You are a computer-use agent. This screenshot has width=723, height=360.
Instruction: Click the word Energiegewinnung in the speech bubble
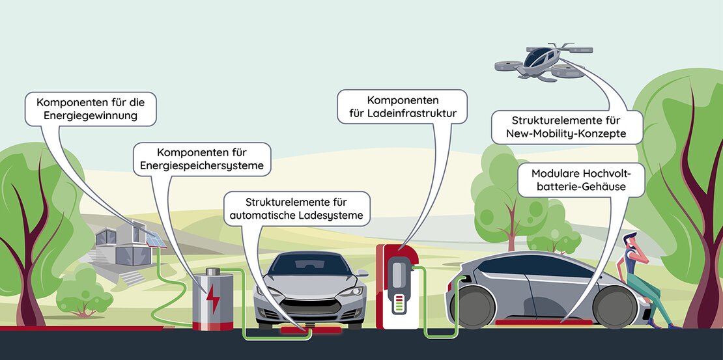point(91,115)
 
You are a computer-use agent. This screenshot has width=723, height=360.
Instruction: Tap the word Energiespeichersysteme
point(202,165)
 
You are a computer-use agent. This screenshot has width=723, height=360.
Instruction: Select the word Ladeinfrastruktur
point(402,113)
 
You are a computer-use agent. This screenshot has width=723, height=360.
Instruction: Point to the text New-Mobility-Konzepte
point(566,133)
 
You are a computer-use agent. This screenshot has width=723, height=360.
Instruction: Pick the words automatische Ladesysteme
point(296,215)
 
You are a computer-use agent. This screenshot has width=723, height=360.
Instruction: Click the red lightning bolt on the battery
point(213,299)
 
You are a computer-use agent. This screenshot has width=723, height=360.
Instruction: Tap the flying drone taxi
point(544,61)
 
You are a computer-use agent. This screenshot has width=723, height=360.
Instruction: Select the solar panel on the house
point(156,239)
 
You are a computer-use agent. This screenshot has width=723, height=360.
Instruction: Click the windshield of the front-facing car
point(309,264)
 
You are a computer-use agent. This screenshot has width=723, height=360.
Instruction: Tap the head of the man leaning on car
point(631,241)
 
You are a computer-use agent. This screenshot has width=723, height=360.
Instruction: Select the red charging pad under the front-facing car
point(311,329)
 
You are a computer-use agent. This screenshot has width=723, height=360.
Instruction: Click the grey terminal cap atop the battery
point(213,271)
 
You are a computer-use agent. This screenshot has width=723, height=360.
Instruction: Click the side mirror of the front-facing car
point(362,273)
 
